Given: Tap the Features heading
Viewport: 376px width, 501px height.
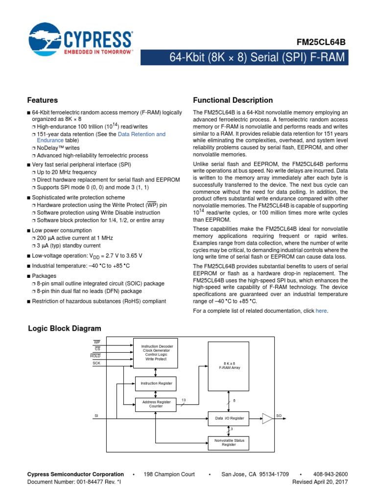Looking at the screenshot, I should tap(43, 100).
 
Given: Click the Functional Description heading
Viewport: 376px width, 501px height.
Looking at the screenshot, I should tap(233, 100).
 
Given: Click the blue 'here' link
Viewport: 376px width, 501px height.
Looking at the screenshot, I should tap(321, 311).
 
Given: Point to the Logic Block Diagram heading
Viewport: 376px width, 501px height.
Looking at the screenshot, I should tap(64, 329).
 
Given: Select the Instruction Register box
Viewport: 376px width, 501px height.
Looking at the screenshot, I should tap(157, 383).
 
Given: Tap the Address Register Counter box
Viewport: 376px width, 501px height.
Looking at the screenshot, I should tap(156, 404).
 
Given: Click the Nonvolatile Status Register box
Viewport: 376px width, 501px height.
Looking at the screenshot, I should tap(229, 442).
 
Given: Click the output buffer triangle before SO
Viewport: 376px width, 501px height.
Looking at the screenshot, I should tap(267, 418).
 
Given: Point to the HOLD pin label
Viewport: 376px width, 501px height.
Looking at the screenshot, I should tap(95, 356).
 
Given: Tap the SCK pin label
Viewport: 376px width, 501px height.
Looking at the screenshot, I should tap(96, 364).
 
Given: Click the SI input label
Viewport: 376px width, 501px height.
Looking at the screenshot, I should tap(96, 416).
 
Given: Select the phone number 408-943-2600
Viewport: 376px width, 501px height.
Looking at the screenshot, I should tap(330, 474).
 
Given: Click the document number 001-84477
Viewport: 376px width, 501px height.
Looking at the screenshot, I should tap(87, 482).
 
